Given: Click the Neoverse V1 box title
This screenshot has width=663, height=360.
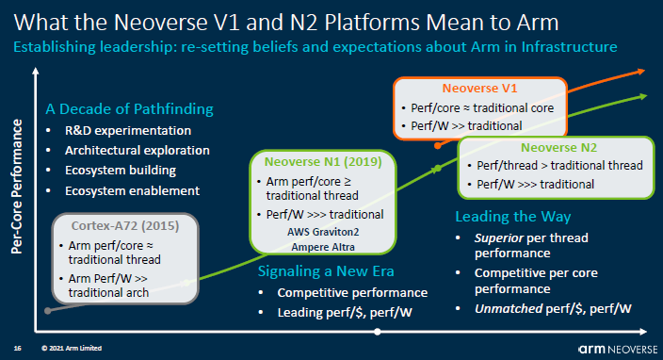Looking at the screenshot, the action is (479, 89).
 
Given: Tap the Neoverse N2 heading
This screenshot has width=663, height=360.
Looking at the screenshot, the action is (558, 148).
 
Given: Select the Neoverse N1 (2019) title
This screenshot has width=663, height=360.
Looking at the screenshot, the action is (323, 161).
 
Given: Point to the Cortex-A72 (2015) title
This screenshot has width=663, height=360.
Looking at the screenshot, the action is (125, 226).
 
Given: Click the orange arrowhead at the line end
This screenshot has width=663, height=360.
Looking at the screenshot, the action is (641, 72).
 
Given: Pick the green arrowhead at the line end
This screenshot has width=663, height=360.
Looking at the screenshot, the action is (643, 96).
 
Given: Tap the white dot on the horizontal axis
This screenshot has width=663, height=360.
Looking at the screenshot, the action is (378, 332).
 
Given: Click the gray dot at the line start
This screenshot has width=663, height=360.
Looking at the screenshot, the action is (48, 311).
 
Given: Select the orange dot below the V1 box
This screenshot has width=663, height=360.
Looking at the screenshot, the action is (438, 145).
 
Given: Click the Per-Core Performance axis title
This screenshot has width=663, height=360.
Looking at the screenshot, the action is (17, 187).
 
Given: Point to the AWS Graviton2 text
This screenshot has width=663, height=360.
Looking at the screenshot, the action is (323, 232).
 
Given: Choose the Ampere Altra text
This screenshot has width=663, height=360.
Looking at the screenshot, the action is (323, 247).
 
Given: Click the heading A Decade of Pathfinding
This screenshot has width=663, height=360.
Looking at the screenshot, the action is (129, 109).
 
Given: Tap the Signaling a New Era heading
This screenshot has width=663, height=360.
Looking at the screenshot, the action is (326, 271).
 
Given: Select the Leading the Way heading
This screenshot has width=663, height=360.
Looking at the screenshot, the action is (513, 217).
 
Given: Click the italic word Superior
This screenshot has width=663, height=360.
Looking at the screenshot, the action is (499, 238).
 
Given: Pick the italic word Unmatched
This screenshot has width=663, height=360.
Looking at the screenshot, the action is (509, 309).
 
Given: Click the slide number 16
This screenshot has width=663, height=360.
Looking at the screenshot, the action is (17, 348).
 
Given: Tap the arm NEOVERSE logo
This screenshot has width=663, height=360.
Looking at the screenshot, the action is (618, 350).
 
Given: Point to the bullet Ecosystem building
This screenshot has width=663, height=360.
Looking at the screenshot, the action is (121, 171).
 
